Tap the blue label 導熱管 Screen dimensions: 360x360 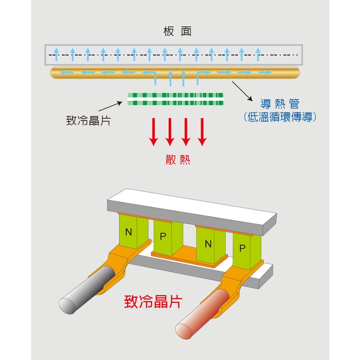(279, 104)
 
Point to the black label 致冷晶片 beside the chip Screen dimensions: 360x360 (88, 121)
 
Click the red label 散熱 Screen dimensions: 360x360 (178, 159)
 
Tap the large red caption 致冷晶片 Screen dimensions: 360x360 (153, 301)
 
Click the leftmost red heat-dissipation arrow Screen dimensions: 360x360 (154, 132)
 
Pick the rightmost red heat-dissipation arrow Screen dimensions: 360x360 (202, 132)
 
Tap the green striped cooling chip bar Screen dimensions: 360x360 (175, 99)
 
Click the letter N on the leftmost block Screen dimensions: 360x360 (129, 232)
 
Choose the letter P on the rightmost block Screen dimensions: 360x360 (242, 248)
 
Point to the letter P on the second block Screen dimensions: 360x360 (163, 237)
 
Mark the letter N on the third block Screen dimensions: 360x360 (208, 244)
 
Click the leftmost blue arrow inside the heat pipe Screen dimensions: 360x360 (67, 72)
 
